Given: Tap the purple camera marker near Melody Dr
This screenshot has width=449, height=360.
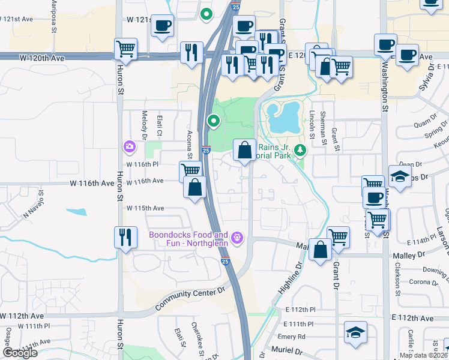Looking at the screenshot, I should pyautogui.click(x=129, y=146).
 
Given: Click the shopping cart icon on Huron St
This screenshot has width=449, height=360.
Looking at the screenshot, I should pyautogui.click(x=125, y=49).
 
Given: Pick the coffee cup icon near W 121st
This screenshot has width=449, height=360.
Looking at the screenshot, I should pyautogui.click(x=162, y=26).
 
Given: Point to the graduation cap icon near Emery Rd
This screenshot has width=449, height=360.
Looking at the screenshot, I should pyautogui.click(x=355, y=332).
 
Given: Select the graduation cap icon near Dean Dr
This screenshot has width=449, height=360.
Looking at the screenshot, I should pyautogui.click(x=399, y=176).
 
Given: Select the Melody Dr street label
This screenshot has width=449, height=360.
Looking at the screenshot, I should pyautogui.click(x=144, y=125).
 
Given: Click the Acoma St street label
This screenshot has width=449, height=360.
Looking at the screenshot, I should pyautogui.click(x=189, y=144).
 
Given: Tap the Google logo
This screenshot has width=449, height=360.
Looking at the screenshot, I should pyautogui.click(x=20, y=353).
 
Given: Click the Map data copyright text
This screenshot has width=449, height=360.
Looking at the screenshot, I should pyautogui.click(x=423, y=355).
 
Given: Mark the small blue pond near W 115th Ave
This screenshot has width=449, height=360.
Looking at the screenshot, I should pyautogui.click(x=76, y=211).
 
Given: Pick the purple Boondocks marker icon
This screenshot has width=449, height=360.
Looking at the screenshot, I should pyautogui.click(x=238, y=238).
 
